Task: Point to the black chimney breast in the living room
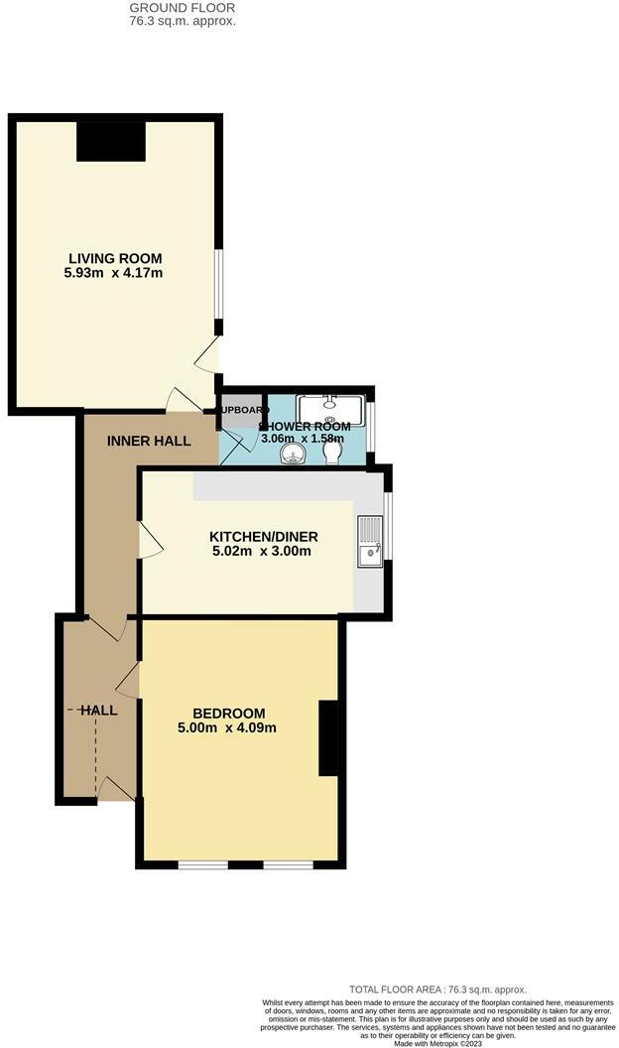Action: pyautogui.click(x=111, y=139)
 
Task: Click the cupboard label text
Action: pyautogui.click(x=244, y=410)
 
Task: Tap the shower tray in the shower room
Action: pyautogui.click(x=331, y=409)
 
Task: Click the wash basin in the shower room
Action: pyautogui.click(x=292, y=455)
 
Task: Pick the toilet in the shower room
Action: pyautogui.click(x=333, y=454)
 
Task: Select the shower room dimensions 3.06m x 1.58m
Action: pyautogui.click(x=303, y=438)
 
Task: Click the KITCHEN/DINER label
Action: pyautogui.click(x=248, y=536)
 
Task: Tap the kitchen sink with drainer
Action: pyautogui.click(x=370, y=541)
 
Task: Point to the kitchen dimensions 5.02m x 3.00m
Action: pyautogui.click(x=248, y=550)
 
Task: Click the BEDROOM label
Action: pyautogui.click(x=229, y=713)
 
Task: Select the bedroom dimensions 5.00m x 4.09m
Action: pyautogui.click(x=229, y=727)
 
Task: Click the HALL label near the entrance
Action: pyautogui.click(x=99, y=711)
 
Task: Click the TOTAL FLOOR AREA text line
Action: pyautogui.click(x=437, y=989)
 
